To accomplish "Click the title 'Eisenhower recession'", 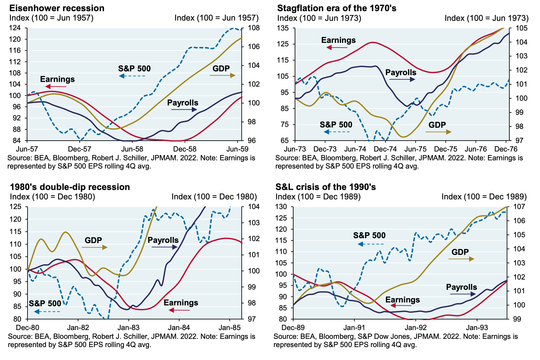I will pyautogui.click(x=57, y=8).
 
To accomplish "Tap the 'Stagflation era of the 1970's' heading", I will pyautogui.click(x=337, y=8).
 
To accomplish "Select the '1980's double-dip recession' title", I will pyautogui.click(x=70, y=187).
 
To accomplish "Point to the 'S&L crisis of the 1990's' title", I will pyautogui.click(x=325, y=187).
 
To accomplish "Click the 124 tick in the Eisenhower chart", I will pyautogui.click(x=15, y=28).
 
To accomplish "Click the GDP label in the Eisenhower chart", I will pyautogui.click(x=221, y=68).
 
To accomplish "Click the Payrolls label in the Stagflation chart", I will pyautogui.click(x=401, y=72).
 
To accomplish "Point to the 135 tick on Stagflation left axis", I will pyautogui.click(x=283, y=28).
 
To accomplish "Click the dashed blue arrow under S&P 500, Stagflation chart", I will pyautogui.click(x=337, y=132).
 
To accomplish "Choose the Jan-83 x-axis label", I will pyautogui.click(x=128, y=328).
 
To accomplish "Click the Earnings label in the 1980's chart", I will pyautogui.click(x=181, y=302).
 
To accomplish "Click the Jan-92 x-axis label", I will pyautogui.click(x=416, y=328).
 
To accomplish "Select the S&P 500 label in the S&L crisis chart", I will pyautogui.click(x=369, y=235).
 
